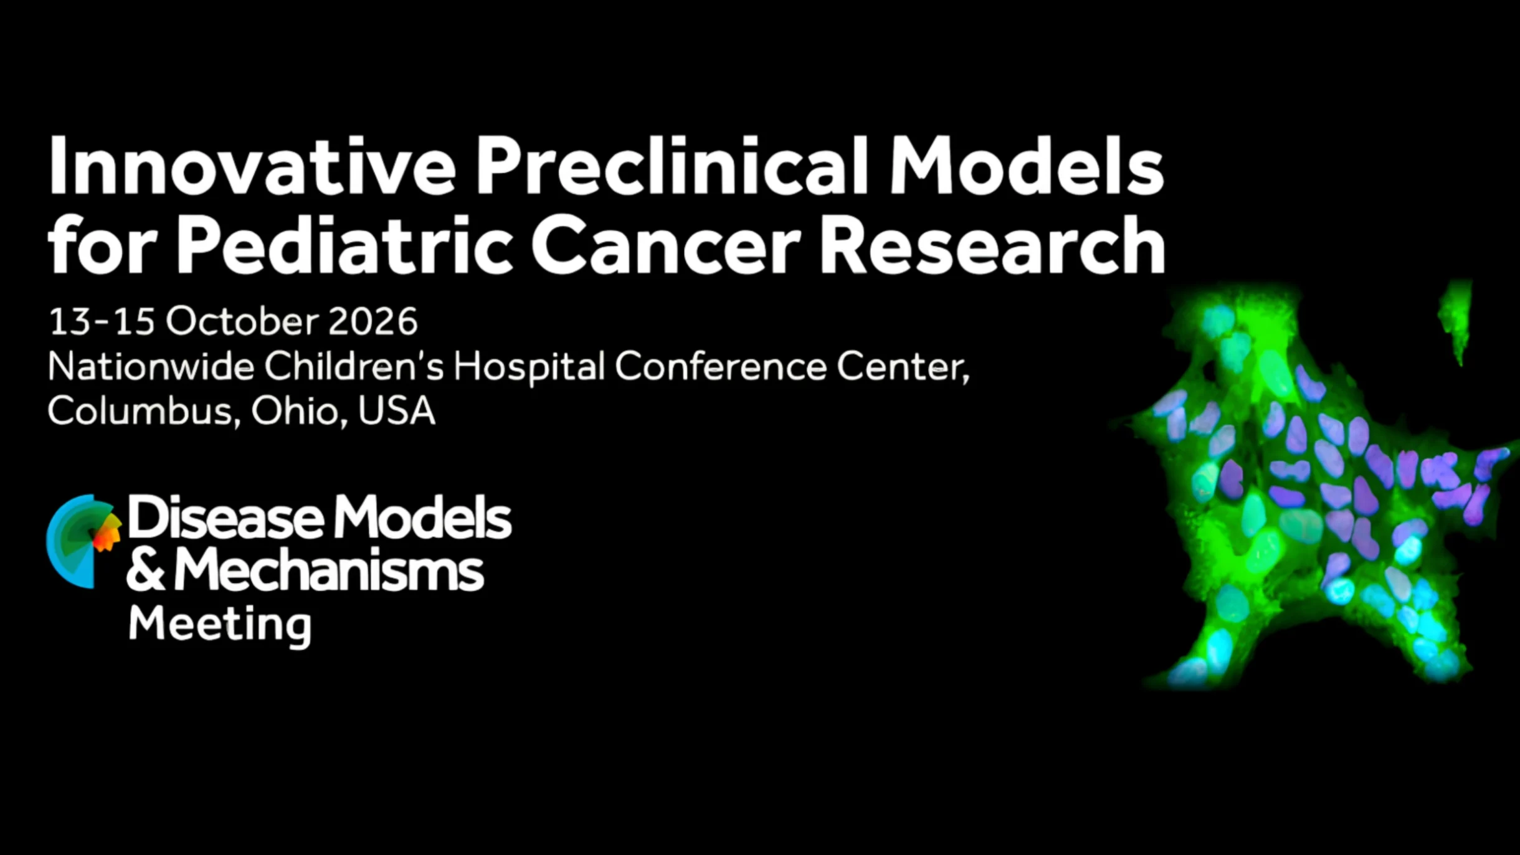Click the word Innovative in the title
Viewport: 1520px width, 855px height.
252,165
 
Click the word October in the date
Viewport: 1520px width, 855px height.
242,321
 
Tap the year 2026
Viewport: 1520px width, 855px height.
373,321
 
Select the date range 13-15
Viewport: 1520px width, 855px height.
102,321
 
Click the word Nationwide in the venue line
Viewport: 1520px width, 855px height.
151,366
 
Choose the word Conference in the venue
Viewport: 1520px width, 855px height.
721,366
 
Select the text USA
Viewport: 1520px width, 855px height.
397,411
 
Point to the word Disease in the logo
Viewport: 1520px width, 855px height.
227,517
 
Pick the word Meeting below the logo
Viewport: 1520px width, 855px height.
220,625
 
